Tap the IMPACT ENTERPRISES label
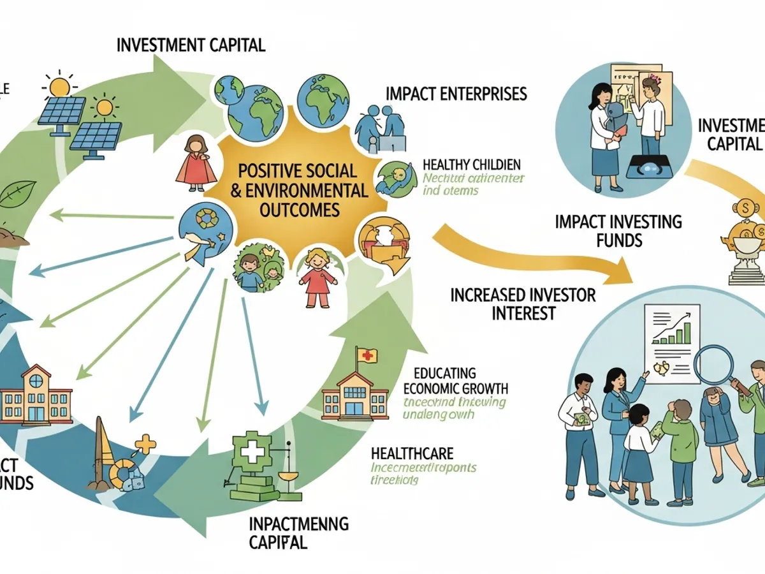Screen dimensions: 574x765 click(x=456, y=94)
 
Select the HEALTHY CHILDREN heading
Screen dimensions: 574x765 click(x=471, y=164)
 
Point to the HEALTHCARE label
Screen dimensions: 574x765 click(x=412, y=453)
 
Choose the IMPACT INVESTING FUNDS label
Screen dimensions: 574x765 click(x=618, y=231)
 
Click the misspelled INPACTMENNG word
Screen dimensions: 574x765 click(x=299, y=524)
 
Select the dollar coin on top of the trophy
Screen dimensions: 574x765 click(x=743, y=207)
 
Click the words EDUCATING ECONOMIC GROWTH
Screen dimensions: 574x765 click(x=455, y=381)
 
